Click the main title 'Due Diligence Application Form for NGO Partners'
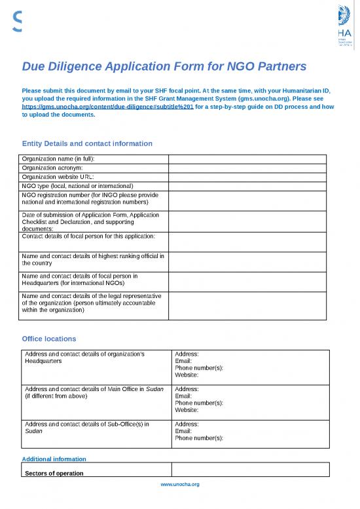[164, 66]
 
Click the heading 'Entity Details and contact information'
[87, 143]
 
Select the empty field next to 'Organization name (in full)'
[247, 159]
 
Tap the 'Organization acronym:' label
[54, 168]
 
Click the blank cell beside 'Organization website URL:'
[247, 177]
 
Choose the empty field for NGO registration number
[247, 199]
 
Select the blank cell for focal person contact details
[247, 242]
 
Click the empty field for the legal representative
[247, 305]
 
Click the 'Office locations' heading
[49, 339]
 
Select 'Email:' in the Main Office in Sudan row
[184, 396]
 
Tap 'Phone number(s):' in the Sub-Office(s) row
[199, 438]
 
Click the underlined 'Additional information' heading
[54, 459]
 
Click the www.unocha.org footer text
[180, 484]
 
